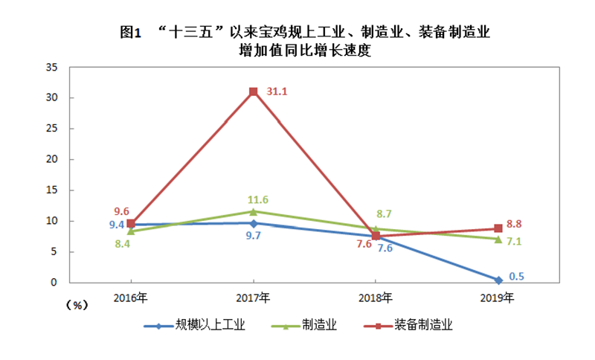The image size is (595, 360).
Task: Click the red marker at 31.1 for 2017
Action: click(x=254, y=91)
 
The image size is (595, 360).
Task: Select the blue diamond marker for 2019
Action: click(x=498, y=280)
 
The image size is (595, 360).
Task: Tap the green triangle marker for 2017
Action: click(x=254, y=211)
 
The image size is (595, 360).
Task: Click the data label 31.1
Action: click(x=277, y=92)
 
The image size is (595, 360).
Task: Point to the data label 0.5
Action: click(x=517, y=276)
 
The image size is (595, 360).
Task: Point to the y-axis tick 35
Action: click(x=51, y=67)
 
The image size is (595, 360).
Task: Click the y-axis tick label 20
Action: click(x=51, y=159)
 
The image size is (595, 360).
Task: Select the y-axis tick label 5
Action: click(x=54, y=251)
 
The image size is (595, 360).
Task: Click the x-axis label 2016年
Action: click(x=131, y=298)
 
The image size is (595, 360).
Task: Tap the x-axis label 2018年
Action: click(x=376, y=298)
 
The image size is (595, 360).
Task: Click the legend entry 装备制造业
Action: click(x=427, y=325)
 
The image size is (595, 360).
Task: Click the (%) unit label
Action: click(x=77, y=305)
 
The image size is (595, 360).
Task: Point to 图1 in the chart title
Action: click(x=131, y=32)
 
